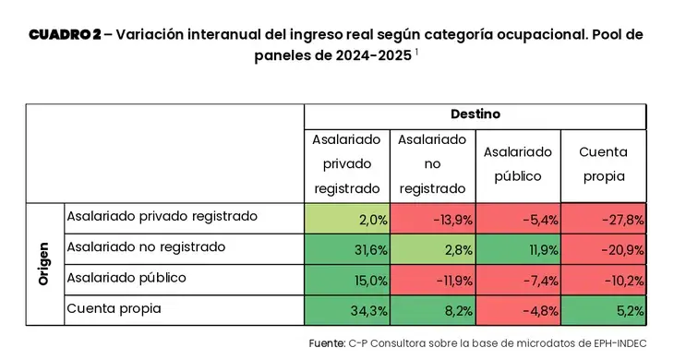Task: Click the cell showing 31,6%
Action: [347, 249]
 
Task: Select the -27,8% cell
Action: [604, 219]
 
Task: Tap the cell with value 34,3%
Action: [347, 310]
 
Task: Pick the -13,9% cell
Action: [432, 219]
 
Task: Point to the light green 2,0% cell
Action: [347, 219]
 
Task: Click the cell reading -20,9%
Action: [604, 249]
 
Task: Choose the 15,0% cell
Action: [347, 280]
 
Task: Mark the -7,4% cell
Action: [518, 280]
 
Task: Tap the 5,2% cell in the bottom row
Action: [604, 310]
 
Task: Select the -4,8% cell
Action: [518, 310]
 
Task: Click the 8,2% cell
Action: [432, 310]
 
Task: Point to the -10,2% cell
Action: [604, 280]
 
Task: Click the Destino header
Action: [475, 114]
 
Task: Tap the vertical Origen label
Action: [43, 264]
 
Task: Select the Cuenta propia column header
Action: [604, 164]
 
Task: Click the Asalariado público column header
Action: [518, 164]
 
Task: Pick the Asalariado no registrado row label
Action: [146, 247]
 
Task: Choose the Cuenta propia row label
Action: [114, 309]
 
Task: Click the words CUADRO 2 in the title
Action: [65, 34]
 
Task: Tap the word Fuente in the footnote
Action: [327, 343]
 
